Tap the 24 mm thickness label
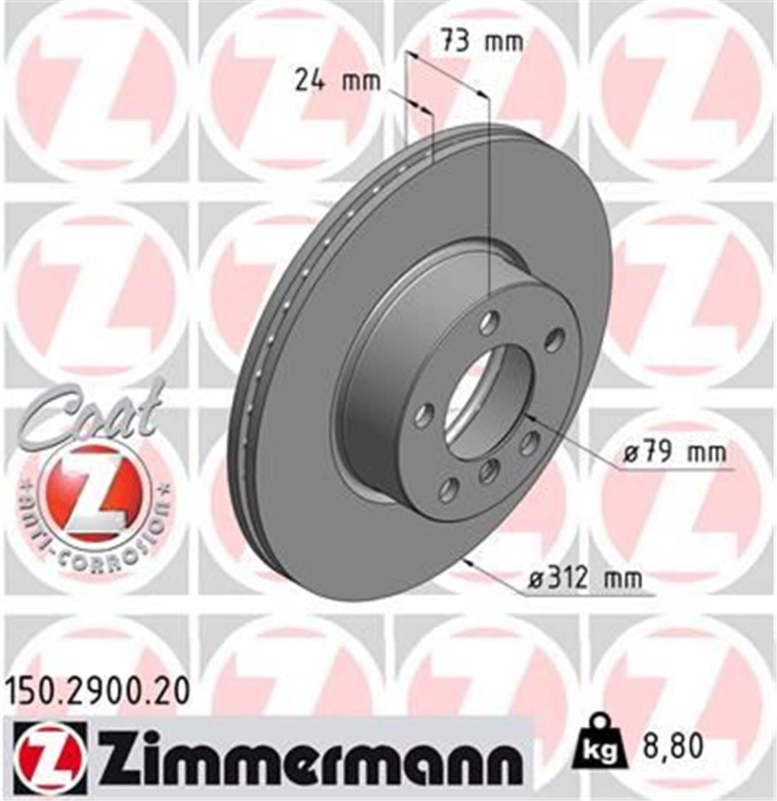[x=337, y=82]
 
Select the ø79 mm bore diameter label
[x=675, y=453]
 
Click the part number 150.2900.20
[x=98, y=692]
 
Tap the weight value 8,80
[x=672, y=747]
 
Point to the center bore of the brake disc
[x=489, y=396]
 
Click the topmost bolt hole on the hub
[x=491, y=321]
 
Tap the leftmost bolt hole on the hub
[x=423, y=414]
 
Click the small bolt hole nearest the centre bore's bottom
[x=489, y=471]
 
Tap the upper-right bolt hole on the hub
[x=554, y=339]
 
